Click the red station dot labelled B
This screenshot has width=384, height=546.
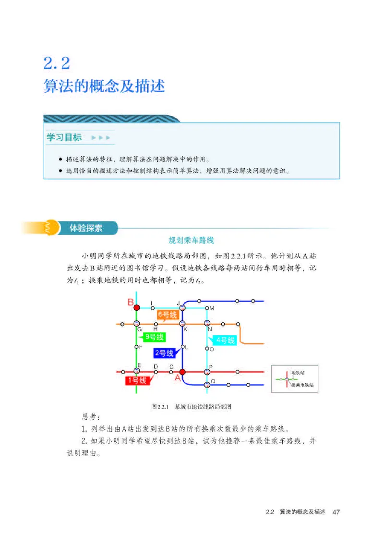[136, 307]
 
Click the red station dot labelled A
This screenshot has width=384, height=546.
[182, 372]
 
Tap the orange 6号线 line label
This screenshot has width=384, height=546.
[167, 315]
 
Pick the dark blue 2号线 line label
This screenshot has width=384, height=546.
[164, 353]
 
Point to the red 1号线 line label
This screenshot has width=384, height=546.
[136, 381]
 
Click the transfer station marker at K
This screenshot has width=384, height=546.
[182, 324]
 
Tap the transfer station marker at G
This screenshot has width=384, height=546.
[136, 324]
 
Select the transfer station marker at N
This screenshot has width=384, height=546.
[207, 324]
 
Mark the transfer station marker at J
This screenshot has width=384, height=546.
[182, 307]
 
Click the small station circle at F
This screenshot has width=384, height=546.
[136, 347]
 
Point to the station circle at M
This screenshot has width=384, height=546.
[207, 308]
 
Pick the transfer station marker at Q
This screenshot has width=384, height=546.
[207, 384]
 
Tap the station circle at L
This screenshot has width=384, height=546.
[182, 347]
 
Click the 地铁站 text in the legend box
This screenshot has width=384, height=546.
[298, 372]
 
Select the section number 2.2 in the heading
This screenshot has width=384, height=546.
[57, 62]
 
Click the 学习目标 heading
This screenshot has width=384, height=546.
[64, 137]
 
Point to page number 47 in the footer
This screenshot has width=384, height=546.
[336, 512]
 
